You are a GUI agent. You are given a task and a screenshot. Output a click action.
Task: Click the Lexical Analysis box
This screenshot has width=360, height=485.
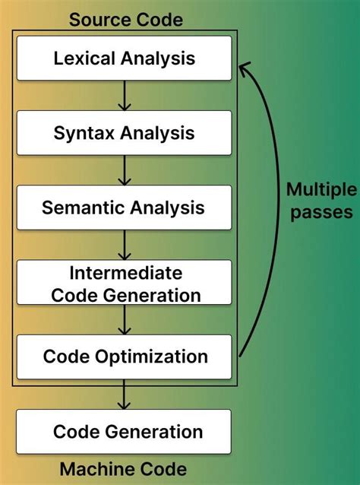click(124, 58)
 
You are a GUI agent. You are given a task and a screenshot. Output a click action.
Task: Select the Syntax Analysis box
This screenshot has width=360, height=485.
click(124, 133)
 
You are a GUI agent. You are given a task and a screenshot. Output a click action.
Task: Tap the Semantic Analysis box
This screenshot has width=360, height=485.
click(124, 208)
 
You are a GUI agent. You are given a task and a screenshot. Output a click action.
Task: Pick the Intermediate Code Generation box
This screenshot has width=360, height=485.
click(124, 283)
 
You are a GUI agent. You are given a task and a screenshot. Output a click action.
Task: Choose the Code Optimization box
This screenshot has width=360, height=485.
click(124, 357)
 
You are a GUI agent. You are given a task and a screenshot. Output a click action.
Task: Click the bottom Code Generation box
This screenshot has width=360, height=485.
click(124, 433)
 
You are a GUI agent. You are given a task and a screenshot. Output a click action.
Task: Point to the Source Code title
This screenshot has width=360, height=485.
click(126, 19)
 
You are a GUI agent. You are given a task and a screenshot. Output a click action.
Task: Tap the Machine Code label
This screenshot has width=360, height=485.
click(123, 469)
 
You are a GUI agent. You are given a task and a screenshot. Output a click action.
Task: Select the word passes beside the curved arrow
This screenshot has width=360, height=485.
click(320, 211)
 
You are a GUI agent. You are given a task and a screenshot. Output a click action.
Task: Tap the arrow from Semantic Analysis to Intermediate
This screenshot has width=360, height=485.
click(125, 245)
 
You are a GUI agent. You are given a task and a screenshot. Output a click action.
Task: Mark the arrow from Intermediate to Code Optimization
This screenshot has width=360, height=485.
click(125, 320)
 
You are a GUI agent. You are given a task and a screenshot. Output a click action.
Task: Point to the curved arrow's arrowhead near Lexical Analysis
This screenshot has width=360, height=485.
click(245, 70)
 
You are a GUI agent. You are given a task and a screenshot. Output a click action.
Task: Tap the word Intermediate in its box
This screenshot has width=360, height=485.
click(125, 272)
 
